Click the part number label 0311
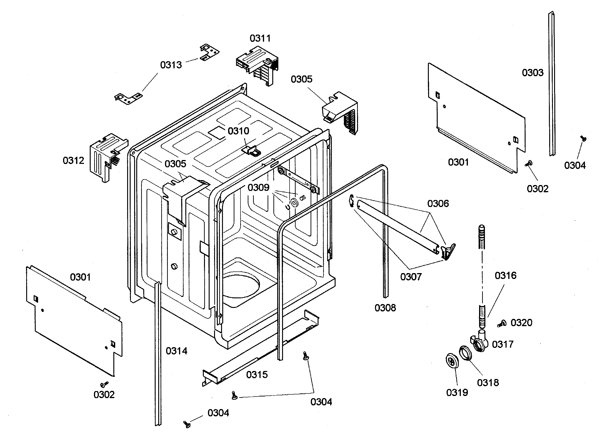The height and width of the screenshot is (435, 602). point(260,39)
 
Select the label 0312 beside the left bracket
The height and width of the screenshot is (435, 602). point(73,160)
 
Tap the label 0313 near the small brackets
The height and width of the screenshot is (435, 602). point(171,65)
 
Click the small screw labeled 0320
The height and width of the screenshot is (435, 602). point(501,324)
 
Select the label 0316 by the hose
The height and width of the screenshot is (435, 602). point(505,275)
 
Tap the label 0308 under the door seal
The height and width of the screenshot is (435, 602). point(385,308)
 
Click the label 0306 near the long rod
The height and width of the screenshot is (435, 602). point(438,203)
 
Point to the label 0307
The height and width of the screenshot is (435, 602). point(411,277)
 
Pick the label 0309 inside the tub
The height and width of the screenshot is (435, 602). point(258,188)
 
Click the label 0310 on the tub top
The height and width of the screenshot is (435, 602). point(238,131)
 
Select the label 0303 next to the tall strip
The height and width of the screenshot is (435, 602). point(532,73)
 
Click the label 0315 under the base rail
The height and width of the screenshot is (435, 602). point(257,375)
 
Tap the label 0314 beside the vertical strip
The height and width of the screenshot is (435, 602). point(176,351)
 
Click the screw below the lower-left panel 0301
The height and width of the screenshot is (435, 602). point(104,384)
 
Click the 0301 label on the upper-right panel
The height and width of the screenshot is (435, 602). point(458,162)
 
